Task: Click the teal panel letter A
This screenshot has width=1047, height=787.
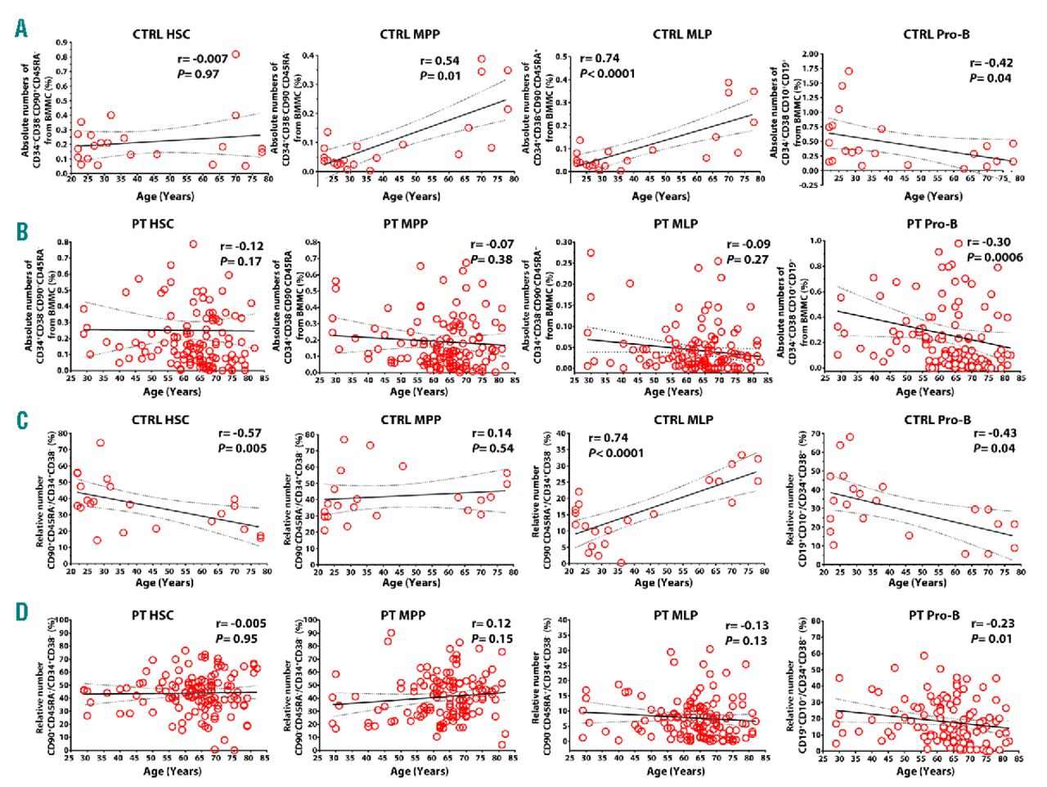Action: (21, 29)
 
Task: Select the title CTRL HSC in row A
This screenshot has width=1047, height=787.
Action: (161, 34)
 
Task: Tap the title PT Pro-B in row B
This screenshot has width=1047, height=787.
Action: (932, 224)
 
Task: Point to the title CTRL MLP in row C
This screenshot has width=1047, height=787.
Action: (682, 420)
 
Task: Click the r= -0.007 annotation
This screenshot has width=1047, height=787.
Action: (203, 59)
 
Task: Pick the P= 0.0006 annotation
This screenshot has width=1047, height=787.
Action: (995, 257)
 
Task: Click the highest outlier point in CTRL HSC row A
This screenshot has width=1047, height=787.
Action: (236, 55)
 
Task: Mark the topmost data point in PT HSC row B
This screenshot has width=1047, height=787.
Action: (194, 244)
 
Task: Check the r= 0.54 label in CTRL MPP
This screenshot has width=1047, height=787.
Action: (440, 60)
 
